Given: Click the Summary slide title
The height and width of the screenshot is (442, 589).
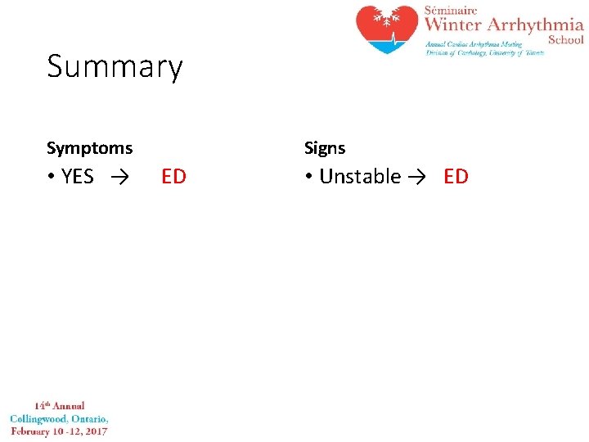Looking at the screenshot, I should click(115, 67).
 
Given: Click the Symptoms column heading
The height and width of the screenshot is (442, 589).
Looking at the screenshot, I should click(89, 148).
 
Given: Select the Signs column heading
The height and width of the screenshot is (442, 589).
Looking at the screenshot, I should click(325, 148).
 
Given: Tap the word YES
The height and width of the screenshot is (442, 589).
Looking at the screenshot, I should click(78, 177).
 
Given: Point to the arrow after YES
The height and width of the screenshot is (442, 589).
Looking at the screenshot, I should click(119, 177).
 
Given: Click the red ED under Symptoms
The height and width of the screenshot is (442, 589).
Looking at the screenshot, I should click(173, 177).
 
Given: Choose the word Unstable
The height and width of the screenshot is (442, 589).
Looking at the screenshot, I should click(360, 177).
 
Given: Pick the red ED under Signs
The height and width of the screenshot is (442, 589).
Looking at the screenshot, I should click(456, 177).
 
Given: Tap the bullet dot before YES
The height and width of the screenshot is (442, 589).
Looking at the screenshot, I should click(51, 177).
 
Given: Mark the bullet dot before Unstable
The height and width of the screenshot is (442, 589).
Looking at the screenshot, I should click(308, 177).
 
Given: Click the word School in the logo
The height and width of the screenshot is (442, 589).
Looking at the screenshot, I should click(565, 39).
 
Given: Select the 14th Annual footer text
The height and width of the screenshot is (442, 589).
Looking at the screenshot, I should click(59, 406).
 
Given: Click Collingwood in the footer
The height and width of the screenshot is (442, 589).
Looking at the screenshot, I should click(39, 418).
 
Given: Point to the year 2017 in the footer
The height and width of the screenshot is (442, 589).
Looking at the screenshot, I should click(95, 431).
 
